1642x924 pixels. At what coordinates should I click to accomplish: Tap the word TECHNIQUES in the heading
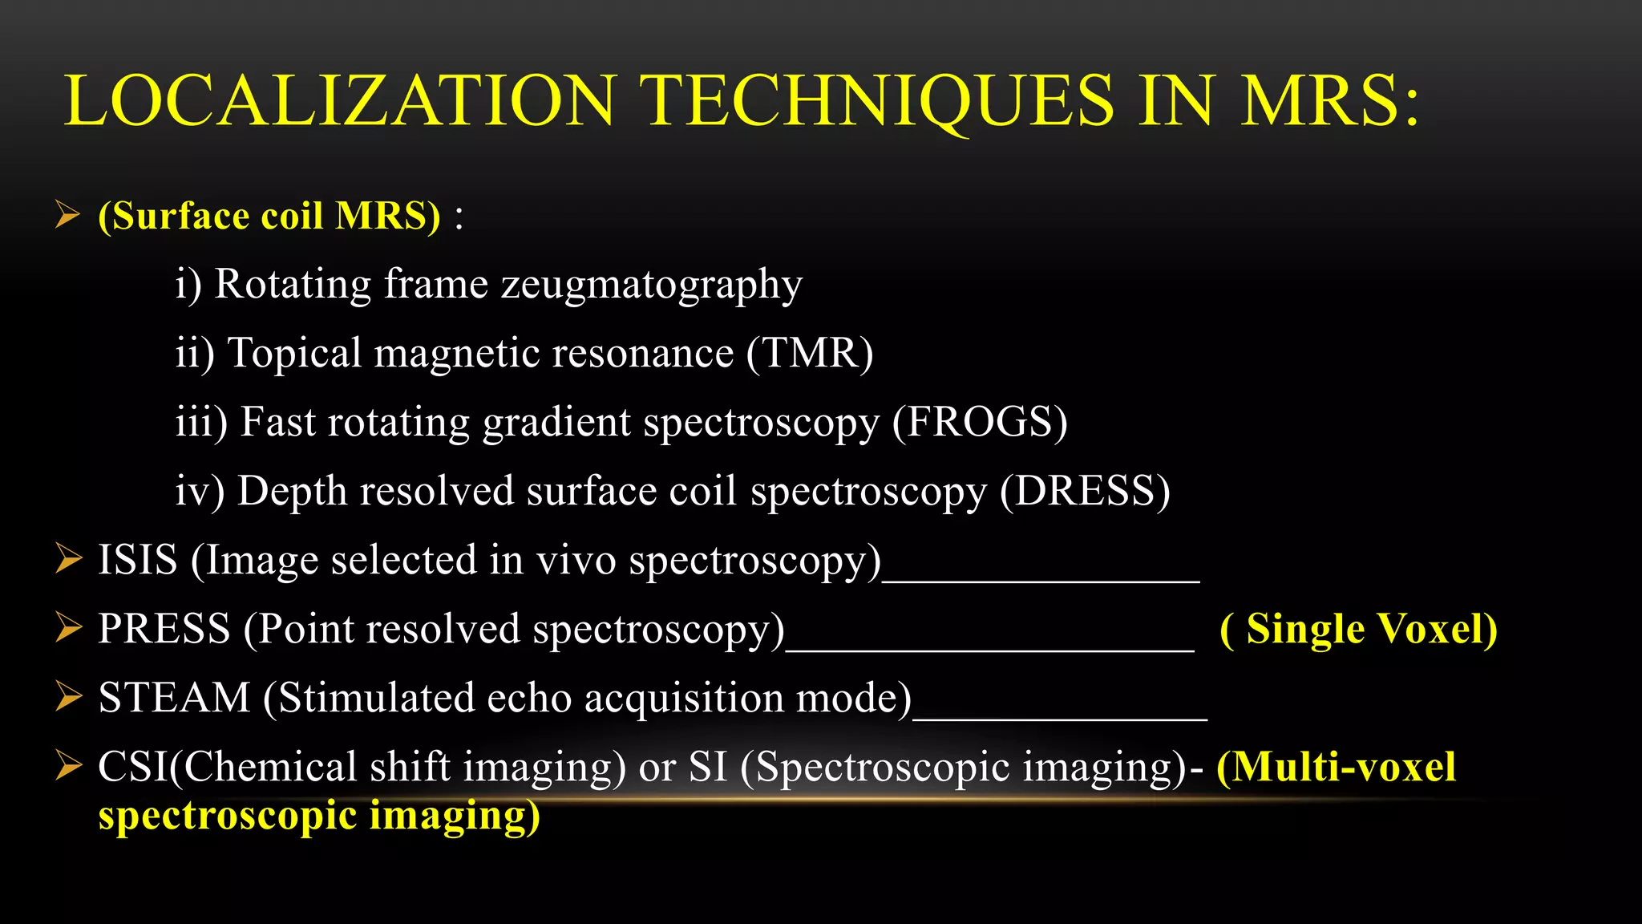point(880,101)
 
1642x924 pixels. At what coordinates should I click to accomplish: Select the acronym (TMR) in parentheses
point(810,353)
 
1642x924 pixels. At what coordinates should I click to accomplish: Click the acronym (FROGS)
point(980,422)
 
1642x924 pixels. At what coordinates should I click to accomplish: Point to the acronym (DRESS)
point(1085,491)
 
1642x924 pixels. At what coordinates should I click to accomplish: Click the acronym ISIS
point(137,560)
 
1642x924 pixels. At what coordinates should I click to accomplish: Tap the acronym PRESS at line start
point(164,629)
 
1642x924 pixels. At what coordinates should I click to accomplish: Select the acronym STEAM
point(174,698)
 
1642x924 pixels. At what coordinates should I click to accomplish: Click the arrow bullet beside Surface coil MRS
point(68,215)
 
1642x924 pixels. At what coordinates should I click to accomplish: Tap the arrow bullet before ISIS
point(68,559)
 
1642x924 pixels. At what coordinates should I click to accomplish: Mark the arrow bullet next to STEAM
point(68,697)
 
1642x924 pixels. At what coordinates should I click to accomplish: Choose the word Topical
point(295,354)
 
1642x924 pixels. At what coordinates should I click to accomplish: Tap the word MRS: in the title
point(1329,101)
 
